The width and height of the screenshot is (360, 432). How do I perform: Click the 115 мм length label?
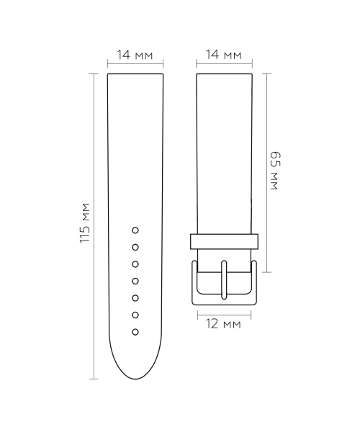coord(85,223)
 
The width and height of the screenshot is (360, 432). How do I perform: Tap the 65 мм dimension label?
coord(274,171)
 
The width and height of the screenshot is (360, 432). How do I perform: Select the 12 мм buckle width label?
coord(223,324)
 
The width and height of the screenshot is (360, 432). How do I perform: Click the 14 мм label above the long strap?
coord(135,55)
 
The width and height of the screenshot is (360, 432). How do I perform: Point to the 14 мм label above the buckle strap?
coord(224,55)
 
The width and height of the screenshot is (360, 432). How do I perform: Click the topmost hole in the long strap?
coord(135,230)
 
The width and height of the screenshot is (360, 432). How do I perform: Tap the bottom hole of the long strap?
coord(135,332)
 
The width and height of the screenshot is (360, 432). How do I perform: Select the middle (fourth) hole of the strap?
coord(135,282)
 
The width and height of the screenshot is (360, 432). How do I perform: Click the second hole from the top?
coord(135,248)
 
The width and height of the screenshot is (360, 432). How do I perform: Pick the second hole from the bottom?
coord(135,315)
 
